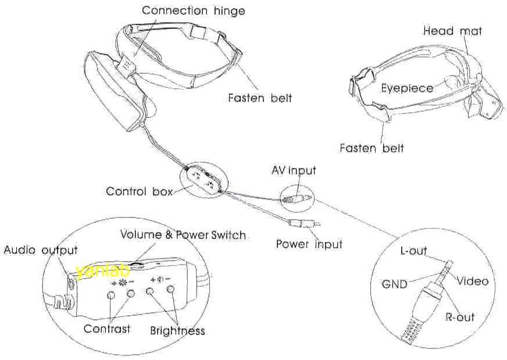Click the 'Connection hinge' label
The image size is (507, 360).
pos(193,10)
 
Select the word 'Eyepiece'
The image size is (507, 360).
pos(407,88)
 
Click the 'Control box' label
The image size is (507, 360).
pos(139,191)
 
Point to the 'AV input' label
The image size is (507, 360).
pos(294,170)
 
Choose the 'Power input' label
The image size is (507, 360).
pos(309,244)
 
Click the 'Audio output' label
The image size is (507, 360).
pos(41,250)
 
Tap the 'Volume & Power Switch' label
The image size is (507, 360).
pos(183,235)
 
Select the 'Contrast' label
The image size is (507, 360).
pos(107,329)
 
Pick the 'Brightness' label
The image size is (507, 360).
pos(177,330)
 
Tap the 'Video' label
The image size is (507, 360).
pos(472,281)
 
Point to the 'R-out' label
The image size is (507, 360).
pos(459,317)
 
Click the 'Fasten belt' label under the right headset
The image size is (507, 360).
pos(372,148)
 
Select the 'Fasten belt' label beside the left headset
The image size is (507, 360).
pos(260,98)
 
